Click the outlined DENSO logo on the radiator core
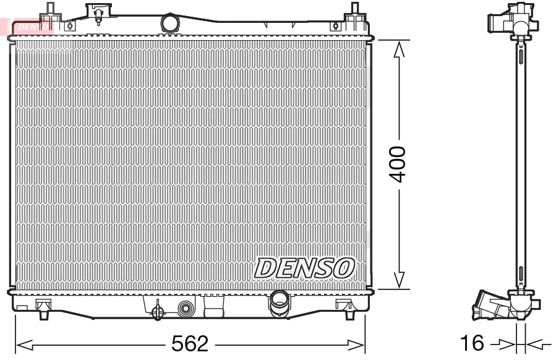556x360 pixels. pos(304,268)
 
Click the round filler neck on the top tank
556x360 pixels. pos(169,24)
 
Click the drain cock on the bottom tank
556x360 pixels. pos(158,309)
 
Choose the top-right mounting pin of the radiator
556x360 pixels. pos(355,11)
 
